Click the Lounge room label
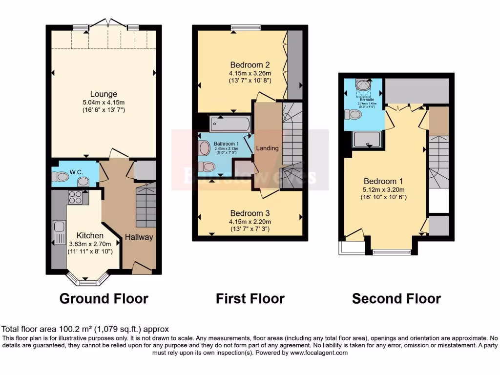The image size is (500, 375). point(103,94)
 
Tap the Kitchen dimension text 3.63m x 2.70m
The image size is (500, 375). point(90,244)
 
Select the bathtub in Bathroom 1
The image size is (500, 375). point(229,124)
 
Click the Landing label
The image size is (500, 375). point(268,148)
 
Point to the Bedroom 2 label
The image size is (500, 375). point(250,64)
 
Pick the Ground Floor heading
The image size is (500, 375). point(104,298)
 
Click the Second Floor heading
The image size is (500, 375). point(396,298)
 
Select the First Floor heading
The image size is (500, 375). point(250,298)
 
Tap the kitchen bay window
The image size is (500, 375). point(88,281)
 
